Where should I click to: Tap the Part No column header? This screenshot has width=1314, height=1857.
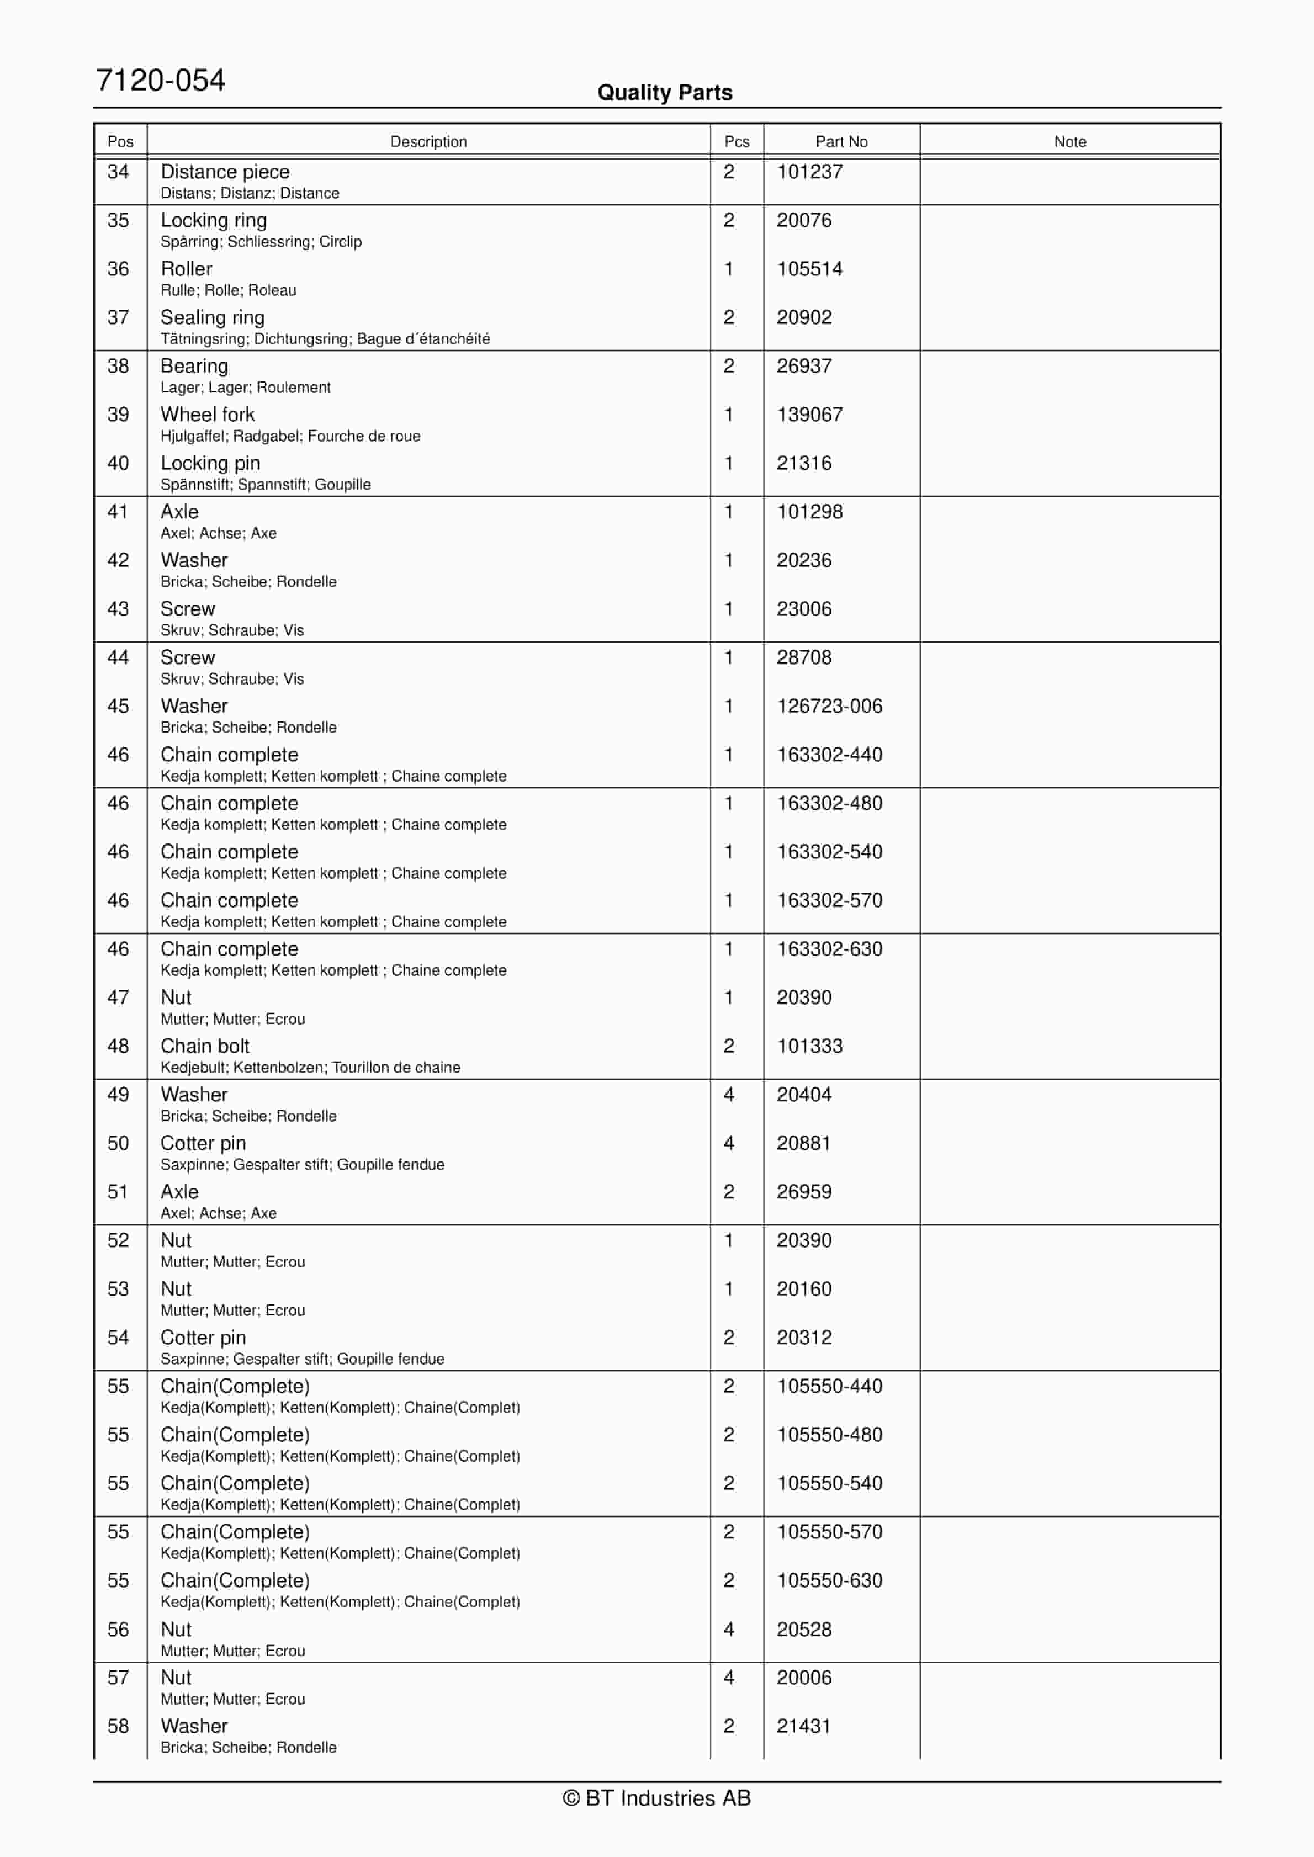point(841,141)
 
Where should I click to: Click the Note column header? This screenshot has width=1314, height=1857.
point(1069,141)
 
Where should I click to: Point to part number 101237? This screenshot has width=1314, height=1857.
point(809,172)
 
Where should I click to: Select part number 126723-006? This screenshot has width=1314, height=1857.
point(829,706)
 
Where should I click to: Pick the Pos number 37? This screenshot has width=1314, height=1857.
point(118,318)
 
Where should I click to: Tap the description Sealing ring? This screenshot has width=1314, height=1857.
point(212,318)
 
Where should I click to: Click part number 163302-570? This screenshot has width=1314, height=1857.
point(829,900)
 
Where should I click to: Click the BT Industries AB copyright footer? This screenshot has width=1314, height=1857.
point(656,1797)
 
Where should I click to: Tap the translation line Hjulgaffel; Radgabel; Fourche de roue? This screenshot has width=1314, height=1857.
point(290,436)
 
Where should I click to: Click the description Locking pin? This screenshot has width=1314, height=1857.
point(210,464)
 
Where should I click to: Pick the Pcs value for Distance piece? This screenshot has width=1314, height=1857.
point(728,172)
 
